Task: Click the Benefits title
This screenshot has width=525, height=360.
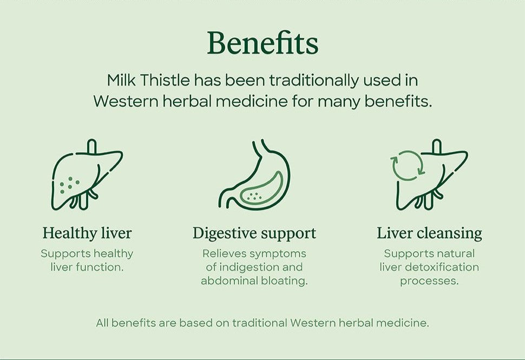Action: [262, 43]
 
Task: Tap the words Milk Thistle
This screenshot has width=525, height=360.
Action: [148, 80]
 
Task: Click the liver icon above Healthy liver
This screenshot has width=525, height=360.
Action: [87, 175]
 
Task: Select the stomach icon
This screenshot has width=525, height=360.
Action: [254, 175]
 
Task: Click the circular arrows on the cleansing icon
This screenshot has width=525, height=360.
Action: [407, 165]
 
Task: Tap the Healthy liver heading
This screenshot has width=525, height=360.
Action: [87, 233]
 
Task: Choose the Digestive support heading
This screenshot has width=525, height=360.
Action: [254, 233]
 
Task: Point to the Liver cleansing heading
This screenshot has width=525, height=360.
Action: [429, 233]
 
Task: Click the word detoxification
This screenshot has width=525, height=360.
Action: [442, 267]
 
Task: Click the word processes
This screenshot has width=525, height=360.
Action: [429, 281]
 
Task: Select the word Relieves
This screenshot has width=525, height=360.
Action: [221, 253]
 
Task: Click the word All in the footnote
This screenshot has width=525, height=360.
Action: [102, 323]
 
